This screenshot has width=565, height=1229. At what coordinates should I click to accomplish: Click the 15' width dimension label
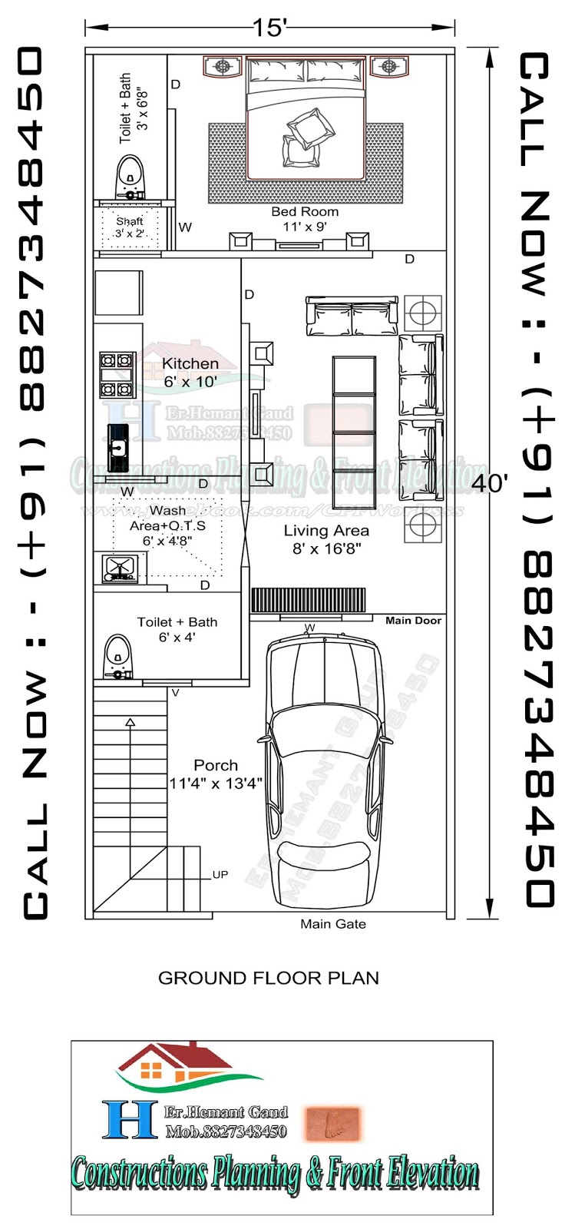(x=269, y=28)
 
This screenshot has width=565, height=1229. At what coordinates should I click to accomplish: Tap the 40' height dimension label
(x=489, y=483)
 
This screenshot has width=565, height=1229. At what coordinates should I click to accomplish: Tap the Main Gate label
(x=332, y=924)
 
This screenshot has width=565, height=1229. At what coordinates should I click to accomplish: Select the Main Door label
(x=413, y=620)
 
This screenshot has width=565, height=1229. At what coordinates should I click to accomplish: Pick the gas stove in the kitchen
(x=117, y=374)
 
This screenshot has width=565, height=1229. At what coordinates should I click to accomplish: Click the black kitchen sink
(x=117, y=447)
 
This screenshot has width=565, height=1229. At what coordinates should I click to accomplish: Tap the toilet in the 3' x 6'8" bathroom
(x=131, y=179)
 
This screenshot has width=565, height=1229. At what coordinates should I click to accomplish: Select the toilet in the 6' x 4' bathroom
(x=117, y=658)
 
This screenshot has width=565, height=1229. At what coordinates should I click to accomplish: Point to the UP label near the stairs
(x=220, y=874)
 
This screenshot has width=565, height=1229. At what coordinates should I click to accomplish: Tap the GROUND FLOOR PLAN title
(x=268, y=978)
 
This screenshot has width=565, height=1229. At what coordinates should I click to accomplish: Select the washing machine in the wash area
(x=119, y=568)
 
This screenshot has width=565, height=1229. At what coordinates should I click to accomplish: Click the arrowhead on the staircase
(x=130, y=722)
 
